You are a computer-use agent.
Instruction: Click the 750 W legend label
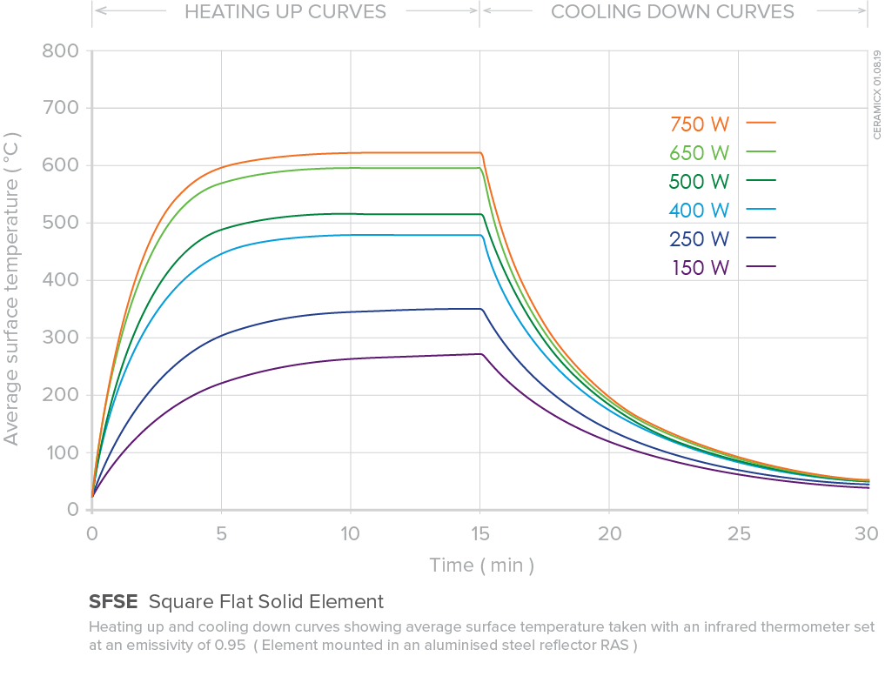[700, 124]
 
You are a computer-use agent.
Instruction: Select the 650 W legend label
[700, 152]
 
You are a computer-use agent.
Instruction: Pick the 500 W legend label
[700, 181]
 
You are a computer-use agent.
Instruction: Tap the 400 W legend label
[700, 210]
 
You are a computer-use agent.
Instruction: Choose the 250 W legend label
[700, 238]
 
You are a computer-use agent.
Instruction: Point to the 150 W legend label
[700, 267]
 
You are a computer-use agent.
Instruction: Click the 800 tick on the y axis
[60, 50]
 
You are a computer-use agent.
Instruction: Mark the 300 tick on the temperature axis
[60, 338]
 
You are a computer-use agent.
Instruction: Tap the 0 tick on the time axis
[91, 532]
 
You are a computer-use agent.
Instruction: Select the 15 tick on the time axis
[479, 532]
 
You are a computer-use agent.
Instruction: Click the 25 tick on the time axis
[738, 532]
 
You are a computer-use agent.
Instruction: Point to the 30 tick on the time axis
[867, 532]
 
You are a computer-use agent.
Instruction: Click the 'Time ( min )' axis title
[481, 566]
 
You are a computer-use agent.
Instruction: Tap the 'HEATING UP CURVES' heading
[285, 12]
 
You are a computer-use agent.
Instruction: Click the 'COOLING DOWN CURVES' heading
[673, 12]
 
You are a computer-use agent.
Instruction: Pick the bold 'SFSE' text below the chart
[113, 601]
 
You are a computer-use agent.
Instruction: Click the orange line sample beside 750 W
[761, 124]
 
